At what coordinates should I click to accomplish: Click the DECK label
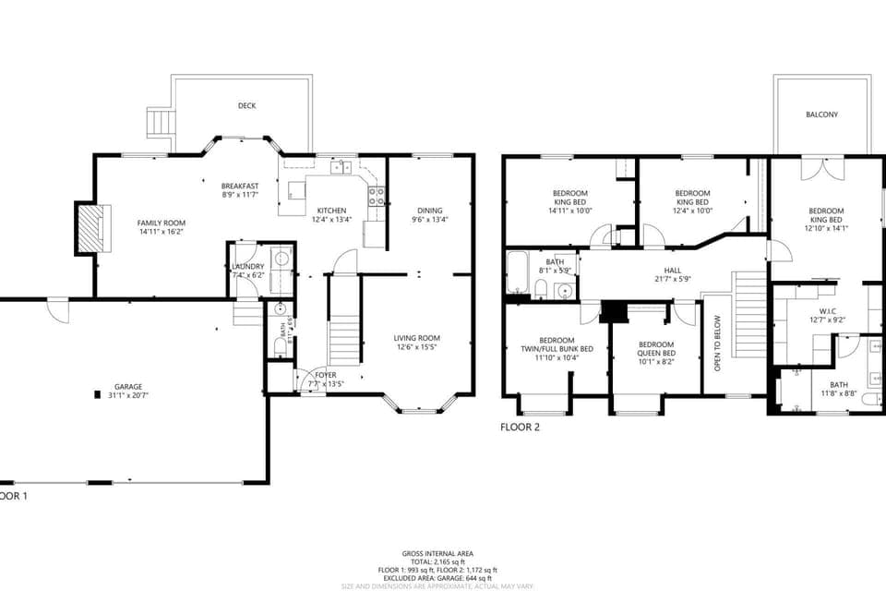click(x=246, y=106)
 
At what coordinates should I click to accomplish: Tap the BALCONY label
click(x=821, y=115)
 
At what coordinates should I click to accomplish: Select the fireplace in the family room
click(x=90, y=228)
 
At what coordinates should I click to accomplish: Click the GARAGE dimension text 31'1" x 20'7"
click(x=128, y=394)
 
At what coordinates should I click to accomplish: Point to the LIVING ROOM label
click(x=416, y=338)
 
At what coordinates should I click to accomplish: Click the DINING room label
click(x=429, y=211)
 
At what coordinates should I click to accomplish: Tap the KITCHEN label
click(x=331, y=211)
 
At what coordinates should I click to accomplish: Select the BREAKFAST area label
click(x=239, y=187)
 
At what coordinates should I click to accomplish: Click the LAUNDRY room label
click(x=247, y=267)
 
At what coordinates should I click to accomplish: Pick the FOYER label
click(x=326, y=375)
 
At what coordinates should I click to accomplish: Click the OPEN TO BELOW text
click(x=717, y=344)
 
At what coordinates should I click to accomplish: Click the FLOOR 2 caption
click(x=520, y=428)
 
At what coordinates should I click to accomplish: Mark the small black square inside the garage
click(x=96, y=394)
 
